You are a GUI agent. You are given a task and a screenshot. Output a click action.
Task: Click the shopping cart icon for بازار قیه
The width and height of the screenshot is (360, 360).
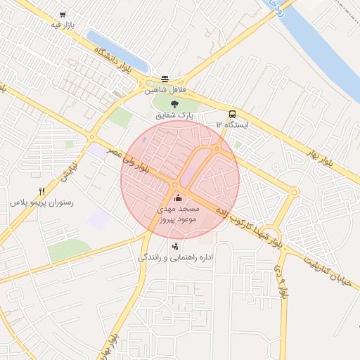63,15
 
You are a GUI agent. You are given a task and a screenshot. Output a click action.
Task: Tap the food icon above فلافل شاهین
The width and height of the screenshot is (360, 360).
165,79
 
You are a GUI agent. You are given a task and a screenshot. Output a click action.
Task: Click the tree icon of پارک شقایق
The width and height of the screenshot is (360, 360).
175,104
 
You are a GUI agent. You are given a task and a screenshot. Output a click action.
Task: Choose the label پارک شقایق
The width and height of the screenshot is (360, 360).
175,115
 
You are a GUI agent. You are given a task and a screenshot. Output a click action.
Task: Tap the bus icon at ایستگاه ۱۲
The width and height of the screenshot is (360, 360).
231,114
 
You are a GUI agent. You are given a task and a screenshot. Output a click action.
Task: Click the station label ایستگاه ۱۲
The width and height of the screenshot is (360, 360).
232,124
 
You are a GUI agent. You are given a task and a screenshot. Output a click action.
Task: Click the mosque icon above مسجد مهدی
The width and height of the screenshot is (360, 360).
176,198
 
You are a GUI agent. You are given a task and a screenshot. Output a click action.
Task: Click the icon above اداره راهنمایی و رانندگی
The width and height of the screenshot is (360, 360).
175,246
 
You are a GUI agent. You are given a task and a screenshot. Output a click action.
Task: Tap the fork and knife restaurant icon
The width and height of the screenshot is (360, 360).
42,191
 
